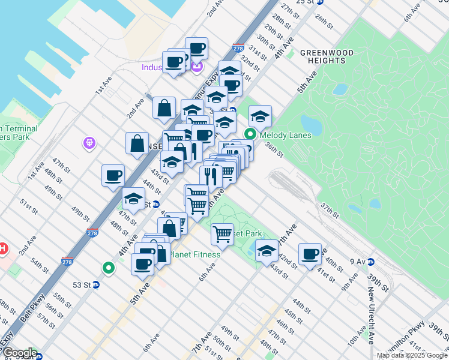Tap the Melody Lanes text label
(x=285, y=135)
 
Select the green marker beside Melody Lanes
(x=252, y=135)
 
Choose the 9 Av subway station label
(x=357, y=262)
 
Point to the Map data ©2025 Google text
(x=412, y=355)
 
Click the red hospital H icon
(x=2, y=248)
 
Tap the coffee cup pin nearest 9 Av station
(x=310, y=254)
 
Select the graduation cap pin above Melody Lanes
(x=260, y=116)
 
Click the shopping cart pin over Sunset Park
(x=222, y=233)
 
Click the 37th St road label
(x=330, y=211)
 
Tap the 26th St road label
(x=324, y=21)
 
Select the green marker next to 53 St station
(x=109, y=268)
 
